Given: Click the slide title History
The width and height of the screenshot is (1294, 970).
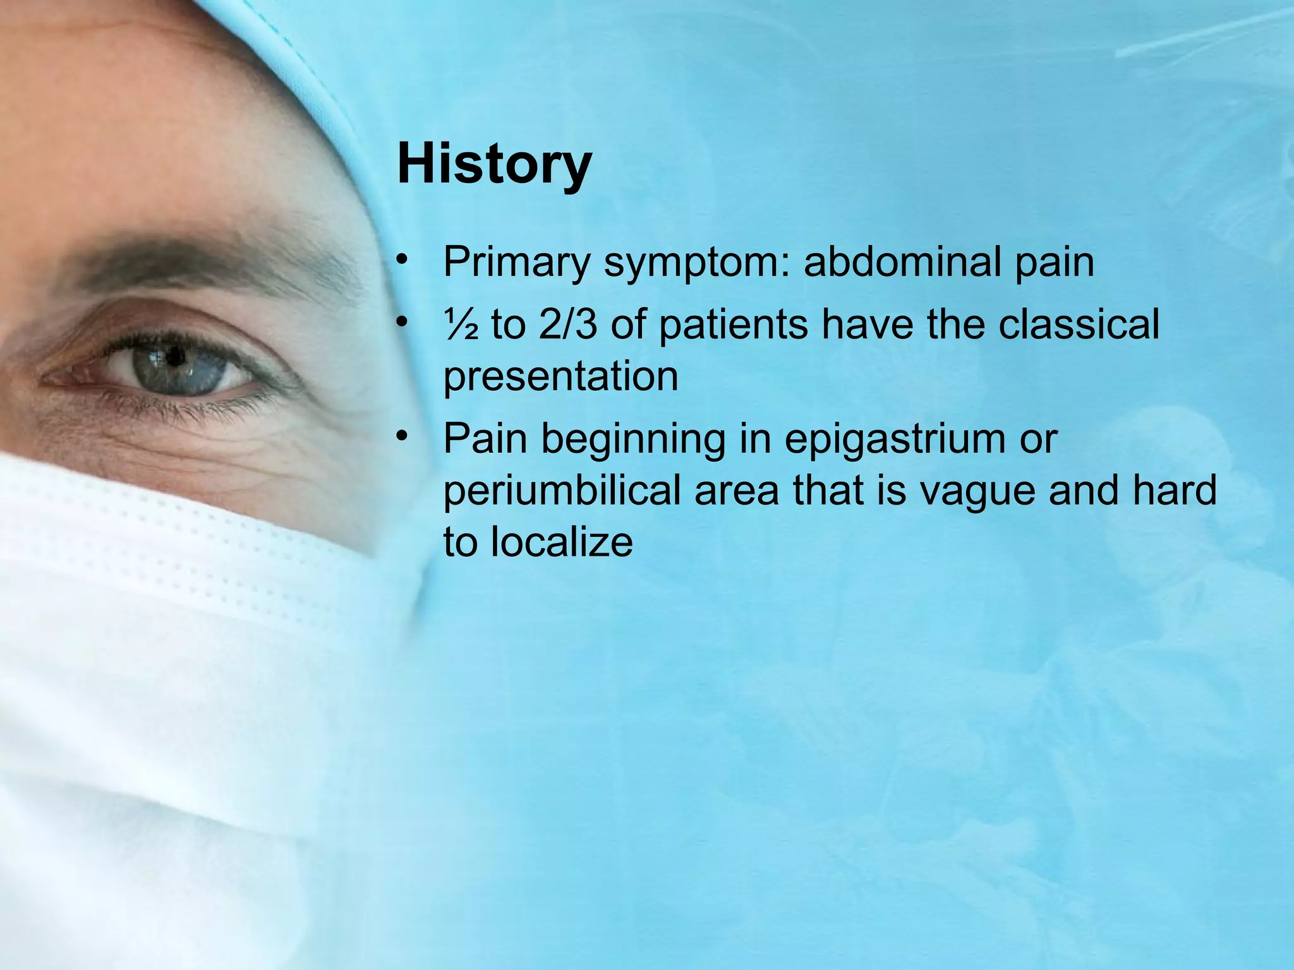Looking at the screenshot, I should coord(494,164).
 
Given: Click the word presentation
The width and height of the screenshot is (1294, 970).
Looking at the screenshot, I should coord(560,377).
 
